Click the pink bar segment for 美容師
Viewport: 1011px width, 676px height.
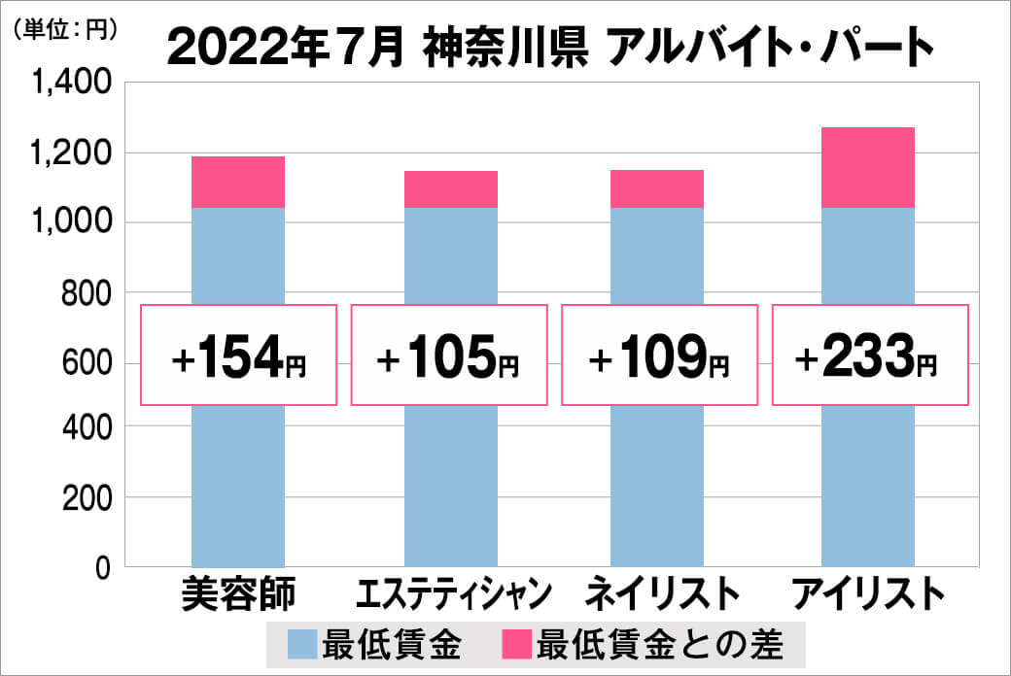238,182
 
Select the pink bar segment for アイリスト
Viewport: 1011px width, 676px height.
867,167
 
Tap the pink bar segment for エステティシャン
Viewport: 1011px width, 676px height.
450,189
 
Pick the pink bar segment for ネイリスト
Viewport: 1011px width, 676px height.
657,188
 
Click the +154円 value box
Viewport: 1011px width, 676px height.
239,355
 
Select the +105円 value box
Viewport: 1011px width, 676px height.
449,355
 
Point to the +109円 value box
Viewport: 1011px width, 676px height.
659,355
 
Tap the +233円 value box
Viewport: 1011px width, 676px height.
869,355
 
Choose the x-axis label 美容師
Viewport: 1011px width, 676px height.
238,593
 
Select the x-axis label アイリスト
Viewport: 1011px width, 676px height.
869,593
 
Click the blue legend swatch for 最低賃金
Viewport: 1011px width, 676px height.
303,643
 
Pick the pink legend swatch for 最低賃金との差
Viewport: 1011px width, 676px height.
516,643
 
